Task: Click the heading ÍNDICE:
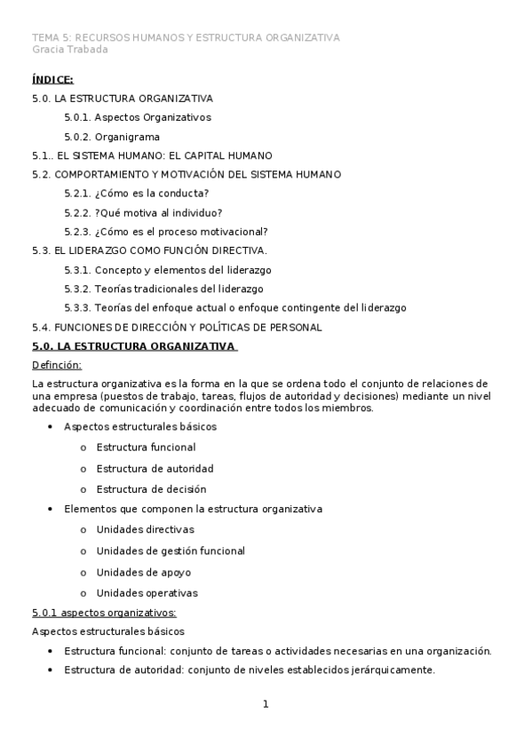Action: [x=52, y=80]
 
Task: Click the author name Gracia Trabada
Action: [x=69, y=50]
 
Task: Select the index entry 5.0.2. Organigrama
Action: [x=112, y=137]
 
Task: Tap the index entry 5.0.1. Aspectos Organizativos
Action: [x=138, y=117]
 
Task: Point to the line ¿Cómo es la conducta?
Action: [x=137, y=194]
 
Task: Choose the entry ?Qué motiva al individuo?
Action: [x=143, y=213]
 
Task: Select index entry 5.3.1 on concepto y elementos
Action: [x=168, y=270]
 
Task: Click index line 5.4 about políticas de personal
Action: [x=177, y=328]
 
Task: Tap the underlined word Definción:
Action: [x=56, y=365]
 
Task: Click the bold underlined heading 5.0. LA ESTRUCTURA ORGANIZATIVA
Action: [x=133, y=346]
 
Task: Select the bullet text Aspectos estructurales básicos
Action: [x=140, y=426]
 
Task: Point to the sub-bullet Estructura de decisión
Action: [x=151, y=489]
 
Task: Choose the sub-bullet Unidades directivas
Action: [x=145, y=530]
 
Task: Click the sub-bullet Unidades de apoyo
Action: [x=143, y=572]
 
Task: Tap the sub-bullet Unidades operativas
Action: [x=147, y=593]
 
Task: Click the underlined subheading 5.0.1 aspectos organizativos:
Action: [x=104, y=613]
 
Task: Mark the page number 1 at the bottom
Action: [x=265, y=705]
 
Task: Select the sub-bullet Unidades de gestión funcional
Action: [x=171, y=551]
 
